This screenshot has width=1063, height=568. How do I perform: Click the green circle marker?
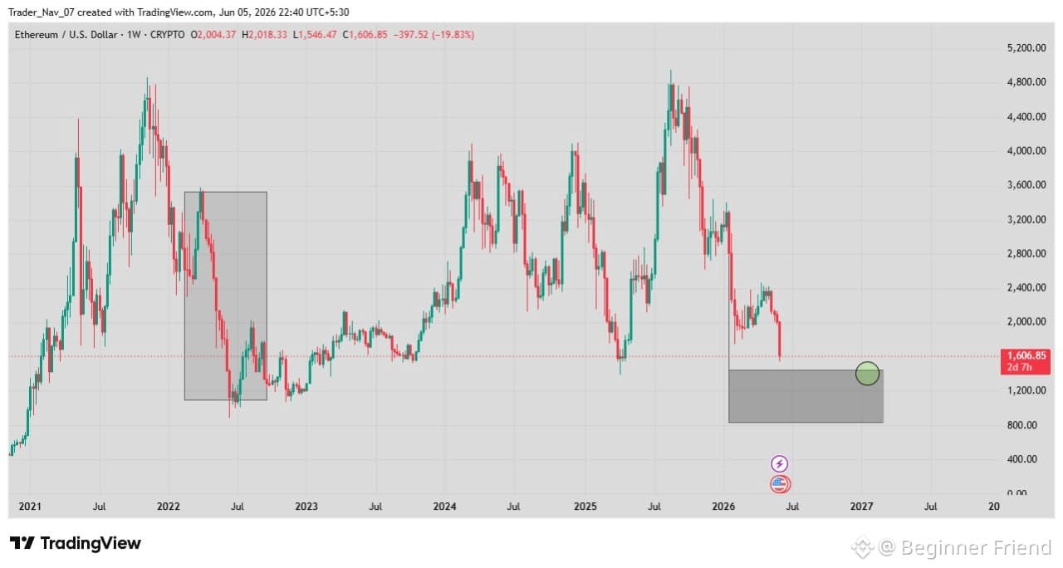pyautogui.click(x=867, y=374)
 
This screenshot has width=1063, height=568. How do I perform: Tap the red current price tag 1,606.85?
pyautogui.click(x=1026, y=361)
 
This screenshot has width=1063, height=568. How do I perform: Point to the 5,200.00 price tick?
pyautogui.click(x=1026, y=48)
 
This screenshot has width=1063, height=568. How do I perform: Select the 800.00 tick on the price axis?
pyautogui.click(x=1021, y=424)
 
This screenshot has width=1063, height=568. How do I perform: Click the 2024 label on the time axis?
pyautogui.click(x=444, y=507)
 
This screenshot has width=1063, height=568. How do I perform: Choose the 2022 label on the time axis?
pyautogui.click(x=169, y=507)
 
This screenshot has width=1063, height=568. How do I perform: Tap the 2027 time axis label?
pyautogui.click(x=862, y=507)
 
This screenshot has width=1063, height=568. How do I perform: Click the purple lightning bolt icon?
pyautogui.click(x=780, y=463)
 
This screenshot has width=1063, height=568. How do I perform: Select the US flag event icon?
pyautogui.click(x=780, y=484)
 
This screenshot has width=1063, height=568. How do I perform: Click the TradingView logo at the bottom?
pyautogui.click(x=76, y=543)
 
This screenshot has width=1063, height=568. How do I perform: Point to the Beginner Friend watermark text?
pyautogui.click(x=976, y=547)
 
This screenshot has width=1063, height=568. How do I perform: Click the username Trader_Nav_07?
pyautogui.click(x=42, y=12)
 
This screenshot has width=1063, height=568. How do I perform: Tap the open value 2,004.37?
pyautogui.click(x=217, y=35)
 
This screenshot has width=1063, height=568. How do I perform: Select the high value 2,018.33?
pyautogui.click(x=267, y=35)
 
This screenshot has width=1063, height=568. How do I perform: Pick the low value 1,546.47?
pyautogui.click(x=317, y=35)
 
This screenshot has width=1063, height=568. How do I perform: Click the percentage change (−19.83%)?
pyautogui.click(x=453, y=35)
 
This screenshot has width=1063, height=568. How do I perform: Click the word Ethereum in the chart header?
pyautogui.click(x=36, y=35)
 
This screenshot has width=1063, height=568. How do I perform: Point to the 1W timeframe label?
pyautogui.click(x=134, y=35)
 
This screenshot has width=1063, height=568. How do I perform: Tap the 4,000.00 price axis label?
pyautogui.click(x=1026, y=151)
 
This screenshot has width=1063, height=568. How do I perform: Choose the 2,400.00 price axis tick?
pyautogui.click(x=1026, y=287)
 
